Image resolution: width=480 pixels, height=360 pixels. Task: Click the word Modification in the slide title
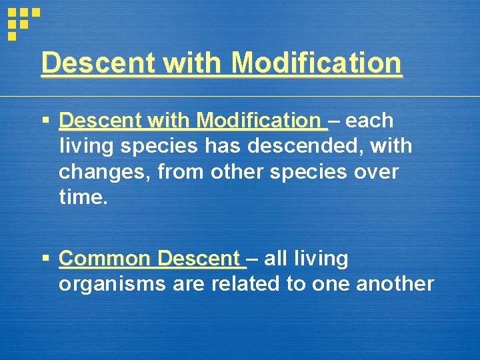[317, 63]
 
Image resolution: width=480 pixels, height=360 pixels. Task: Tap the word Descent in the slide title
[99, 63]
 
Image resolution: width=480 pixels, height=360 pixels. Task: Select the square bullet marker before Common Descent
[45, 258]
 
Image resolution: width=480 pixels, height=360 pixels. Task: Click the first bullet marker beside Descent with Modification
[45, 121]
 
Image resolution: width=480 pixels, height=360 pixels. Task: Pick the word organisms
[113, 284]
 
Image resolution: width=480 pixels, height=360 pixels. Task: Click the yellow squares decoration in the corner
[22, 21]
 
